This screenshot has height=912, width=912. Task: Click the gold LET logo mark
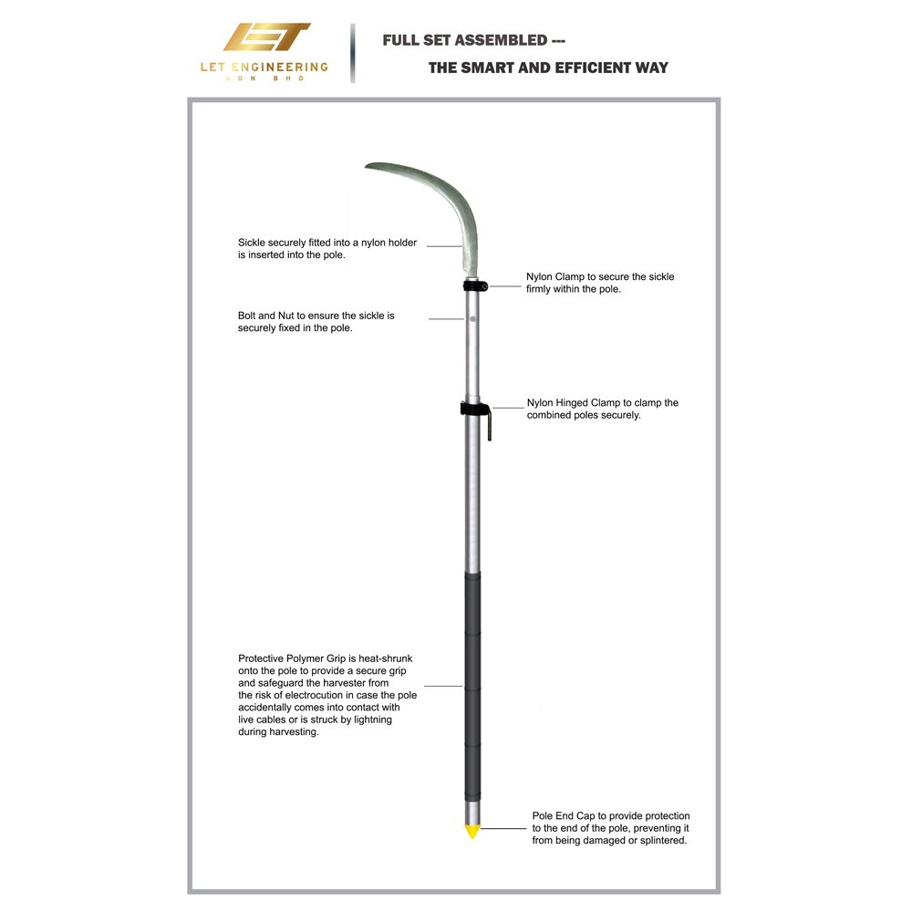[x=266, y=37]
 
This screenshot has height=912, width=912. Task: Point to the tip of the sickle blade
[x=367, y=166]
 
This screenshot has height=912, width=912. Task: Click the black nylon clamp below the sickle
[x=475, y=285]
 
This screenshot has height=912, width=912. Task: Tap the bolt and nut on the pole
[x=472, y=318]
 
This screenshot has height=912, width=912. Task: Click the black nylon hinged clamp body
[x=473, y=409]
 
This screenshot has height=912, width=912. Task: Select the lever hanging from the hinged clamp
[x=489, y=425]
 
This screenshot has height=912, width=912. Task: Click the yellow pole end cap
[x=472, y=831]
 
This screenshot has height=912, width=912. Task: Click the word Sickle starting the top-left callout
[x=252, y=243]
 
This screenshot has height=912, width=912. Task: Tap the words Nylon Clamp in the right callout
[x=554, y=277]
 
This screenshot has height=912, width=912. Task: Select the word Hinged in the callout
[x=573, y=403]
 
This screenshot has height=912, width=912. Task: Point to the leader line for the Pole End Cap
[x=503, y=828]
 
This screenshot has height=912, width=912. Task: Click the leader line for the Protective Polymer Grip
[x=443, y=687]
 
